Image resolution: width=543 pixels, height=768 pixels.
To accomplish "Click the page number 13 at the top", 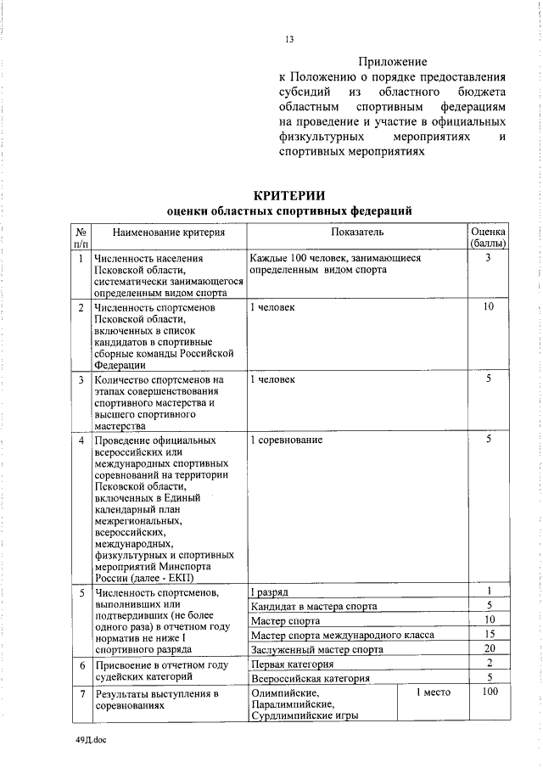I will tap(289, 37).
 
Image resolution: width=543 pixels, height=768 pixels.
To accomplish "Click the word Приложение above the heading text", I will tap(392, 62).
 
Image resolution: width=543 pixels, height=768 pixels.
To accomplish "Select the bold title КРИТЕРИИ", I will tap(289, 196).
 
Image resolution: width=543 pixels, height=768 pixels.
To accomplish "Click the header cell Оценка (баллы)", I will tap(489, 237).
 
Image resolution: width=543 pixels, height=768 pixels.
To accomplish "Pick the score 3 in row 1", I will tap(489, 258).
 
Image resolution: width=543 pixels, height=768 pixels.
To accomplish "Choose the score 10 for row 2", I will tap(489, 306).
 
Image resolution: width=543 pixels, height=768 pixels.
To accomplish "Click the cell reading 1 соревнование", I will tap(287, 440).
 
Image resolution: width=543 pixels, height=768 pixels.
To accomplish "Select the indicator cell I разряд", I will tap(270, 591).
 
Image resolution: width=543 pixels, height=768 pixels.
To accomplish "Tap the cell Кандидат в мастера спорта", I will tap(314, 606).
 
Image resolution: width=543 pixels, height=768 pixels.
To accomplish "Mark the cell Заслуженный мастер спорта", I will tap(317, 649).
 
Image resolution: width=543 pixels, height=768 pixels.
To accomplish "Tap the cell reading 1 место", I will tap(433, 693).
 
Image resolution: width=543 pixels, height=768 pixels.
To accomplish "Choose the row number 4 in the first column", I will tap(81, 440).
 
